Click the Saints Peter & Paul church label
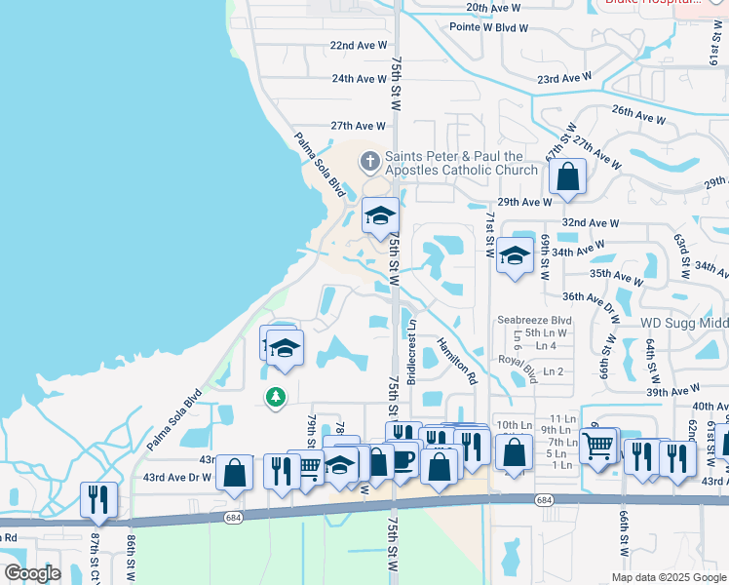461,163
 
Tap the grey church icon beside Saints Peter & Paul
369,160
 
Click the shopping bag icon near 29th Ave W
567,178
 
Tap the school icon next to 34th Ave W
515,255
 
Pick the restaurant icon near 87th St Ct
98,499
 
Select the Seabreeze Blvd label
533,320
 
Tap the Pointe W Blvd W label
488,27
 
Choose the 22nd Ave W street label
358,46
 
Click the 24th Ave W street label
359,79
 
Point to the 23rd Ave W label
563,78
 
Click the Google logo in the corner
31,572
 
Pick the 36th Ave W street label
591,296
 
